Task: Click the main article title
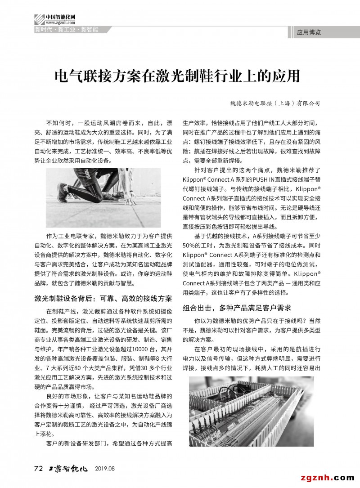click(177, 76)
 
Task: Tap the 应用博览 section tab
click(309, 32)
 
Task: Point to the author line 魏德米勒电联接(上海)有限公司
click(274, 103)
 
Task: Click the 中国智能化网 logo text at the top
click(60, 17)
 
